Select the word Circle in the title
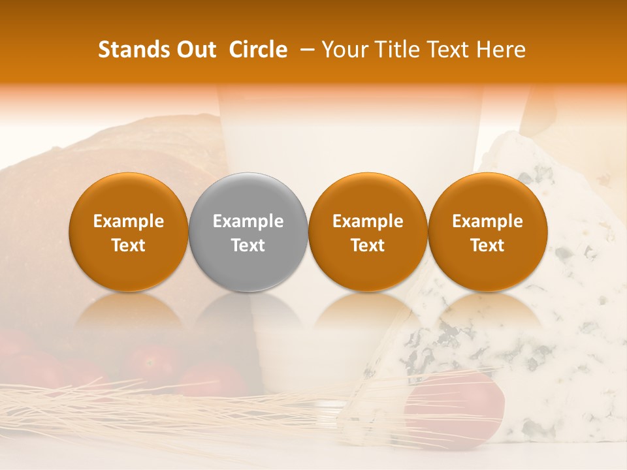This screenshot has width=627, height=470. coord(258,50)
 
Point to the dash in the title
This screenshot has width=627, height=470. coord(306,50)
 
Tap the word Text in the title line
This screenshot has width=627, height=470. coord(443,50)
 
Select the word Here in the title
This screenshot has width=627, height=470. coord(500,50)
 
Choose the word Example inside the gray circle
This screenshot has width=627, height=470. coord(248,221)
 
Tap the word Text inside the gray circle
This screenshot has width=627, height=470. coord(248,245)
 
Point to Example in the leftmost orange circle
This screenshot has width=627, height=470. coord(129,221)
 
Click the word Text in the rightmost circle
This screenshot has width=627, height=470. coord(487,245)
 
